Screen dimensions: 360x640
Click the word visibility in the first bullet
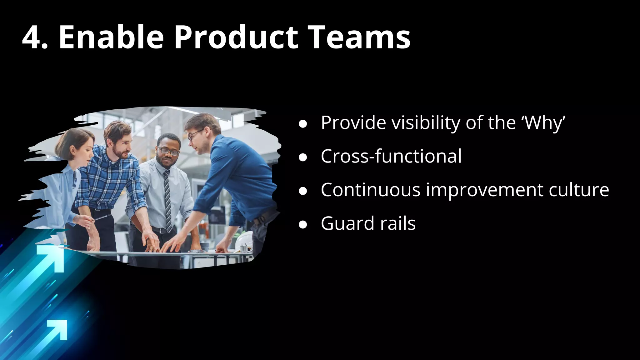tap(426, 122)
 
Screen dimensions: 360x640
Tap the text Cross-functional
tap(391, 156)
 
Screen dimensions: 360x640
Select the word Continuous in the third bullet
tap(370, 190)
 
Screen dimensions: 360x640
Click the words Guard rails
tap(368, 223)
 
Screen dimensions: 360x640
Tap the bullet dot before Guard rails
tap(302, 224)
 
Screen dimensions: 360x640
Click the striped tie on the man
tap(168, 200)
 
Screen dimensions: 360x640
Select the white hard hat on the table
tap(244, 242)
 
